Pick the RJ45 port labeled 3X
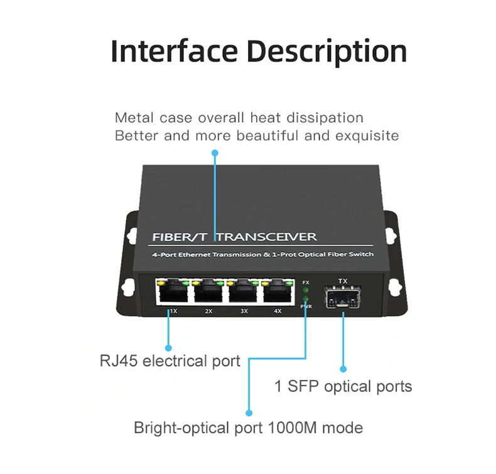243,292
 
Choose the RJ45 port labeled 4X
278,292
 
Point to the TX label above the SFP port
342,281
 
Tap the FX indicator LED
306,290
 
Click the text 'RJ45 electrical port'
170,361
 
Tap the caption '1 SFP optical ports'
343,386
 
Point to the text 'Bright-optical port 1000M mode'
248,428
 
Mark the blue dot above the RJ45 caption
168,347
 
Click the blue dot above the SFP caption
343,369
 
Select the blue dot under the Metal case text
215,152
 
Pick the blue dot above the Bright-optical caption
249,413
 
